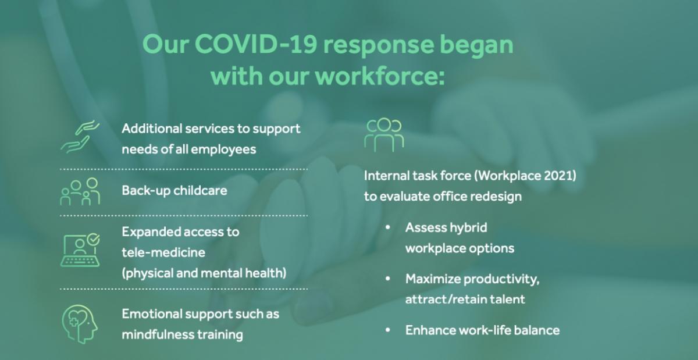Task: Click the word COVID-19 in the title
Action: pos(256,44)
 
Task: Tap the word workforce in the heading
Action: pos(376,76)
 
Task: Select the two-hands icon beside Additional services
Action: pos(80,137)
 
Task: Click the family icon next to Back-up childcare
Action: pos(80,191)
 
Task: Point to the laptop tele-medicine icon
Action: pos(80,250)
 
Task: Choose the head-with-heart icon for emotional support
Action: pos(80,324)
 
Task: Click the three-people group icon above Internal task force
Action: pos(384,135)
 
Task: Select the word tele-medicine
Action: pos(163,252)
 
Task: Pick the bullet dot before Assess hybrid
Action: pos(388,227)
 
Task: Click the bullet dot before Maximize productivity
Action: pos(388,279)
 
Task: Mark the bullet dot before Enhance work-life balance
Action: pos(388,330)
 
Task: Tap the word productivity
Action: pos(501,279)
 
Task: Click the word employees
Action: pos(223,150)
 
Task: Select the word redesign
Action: pos(496,197)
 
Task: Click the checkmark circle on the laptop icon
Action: pos(93,239)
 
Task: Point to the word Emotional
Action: pos(152,314)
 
